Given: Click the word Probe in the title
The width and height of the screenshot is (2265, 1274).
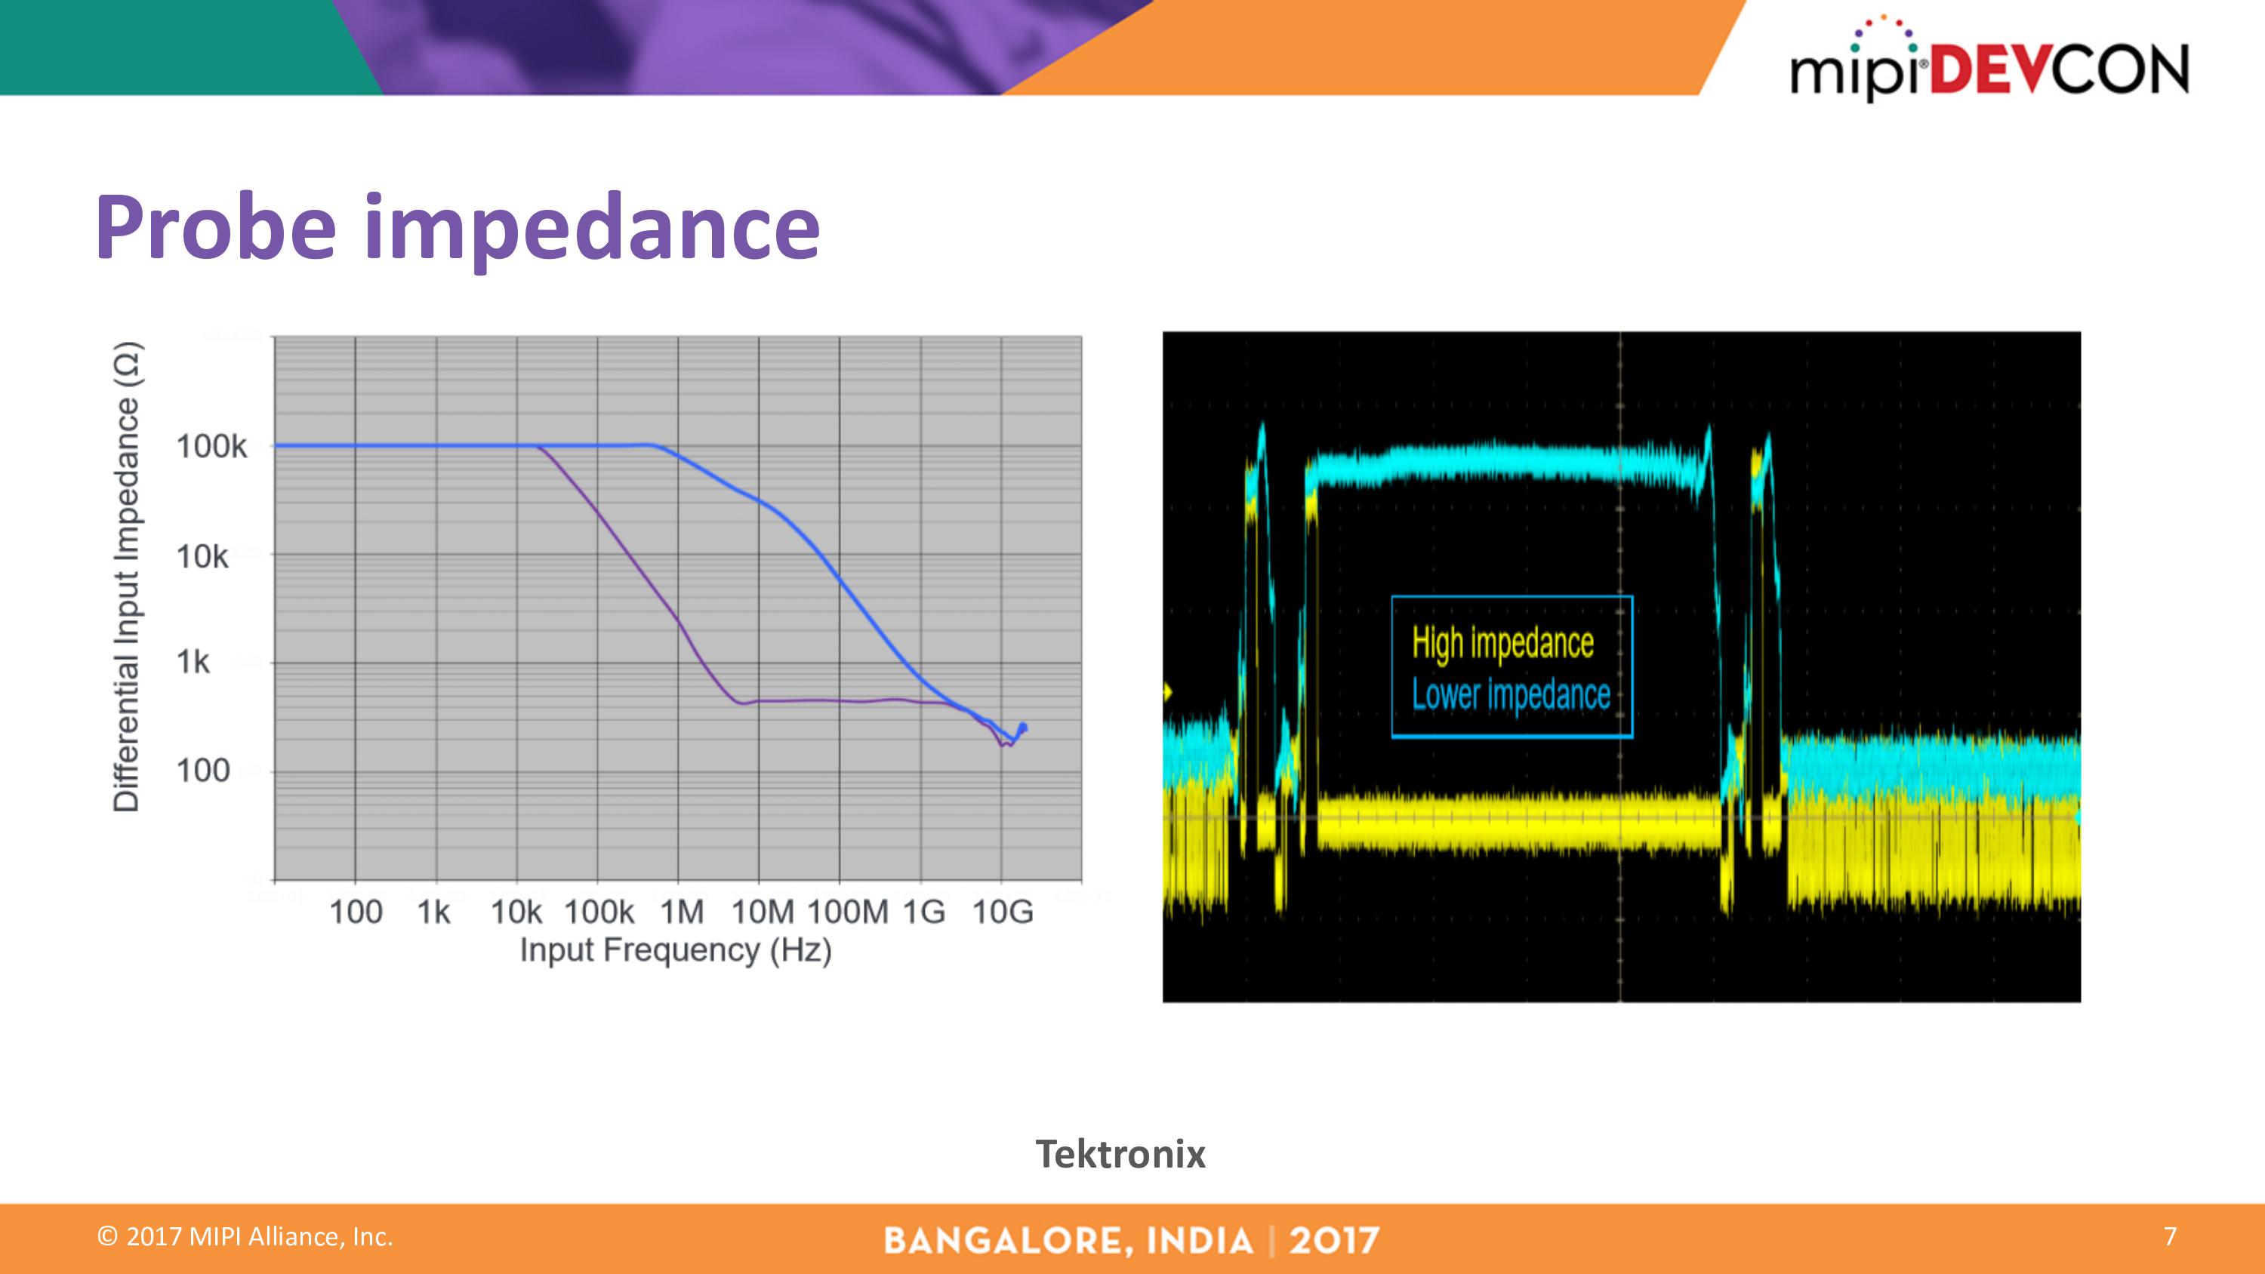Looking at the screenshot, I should tap(216, 227).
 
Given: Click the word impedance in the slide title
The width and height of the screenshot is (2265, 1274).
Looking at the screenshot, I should tap(592, 227).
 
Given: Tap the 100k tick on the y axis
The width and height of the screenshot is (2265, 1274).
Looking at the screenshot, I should tap(211, 447).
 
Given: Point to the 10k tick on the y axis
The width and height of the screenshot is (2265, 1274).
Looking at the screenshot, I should tap(202, 556).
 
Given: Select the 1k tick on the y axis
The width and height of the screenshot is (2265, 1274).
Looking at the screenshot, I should tap(193, 661).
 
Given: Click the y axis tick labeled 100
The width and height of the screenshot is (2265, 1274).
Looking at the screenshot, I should tap(202, 771).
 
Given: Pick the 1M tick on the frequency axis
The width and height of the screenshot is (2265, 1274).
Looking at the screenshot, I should tap(683, 912).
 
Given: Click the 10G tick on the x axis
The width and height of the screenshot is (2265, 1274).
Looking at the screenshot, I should tap(1003, 912).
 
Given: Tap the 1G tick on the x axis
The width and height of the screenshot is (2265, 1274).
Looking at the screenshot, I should tap(923, 912).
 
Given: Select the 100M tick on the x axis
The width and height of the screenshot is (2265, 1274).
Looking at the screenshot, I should tap(848, 912).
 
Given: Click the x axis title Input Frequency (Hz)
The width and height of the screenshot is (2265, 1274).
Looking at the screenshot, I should tap(675, 950).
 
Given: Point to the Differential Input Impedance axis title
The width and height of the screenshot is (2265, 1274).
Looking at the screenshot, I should tap(127, 577).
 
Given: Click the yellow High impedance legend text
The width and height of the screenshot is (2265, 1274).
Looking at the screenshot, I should tap(1502, 644).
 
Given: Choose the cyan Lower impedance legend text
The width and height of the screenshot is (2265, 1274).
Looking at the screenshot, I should tap(1511, 694).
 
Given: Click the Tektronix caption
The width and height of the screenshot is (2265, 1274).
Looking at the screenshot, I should tap(1120, 1153).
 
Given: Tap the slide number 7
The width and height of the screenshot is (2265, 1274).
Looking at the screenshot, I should tap(2170, 1236).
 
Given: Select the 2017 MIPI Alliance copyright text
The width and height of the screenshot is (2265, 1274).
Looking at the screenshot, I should tap(245, 1237).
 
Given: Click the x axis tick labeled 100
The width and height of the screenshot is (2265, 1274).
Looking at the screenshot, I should tap(355, 912).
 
